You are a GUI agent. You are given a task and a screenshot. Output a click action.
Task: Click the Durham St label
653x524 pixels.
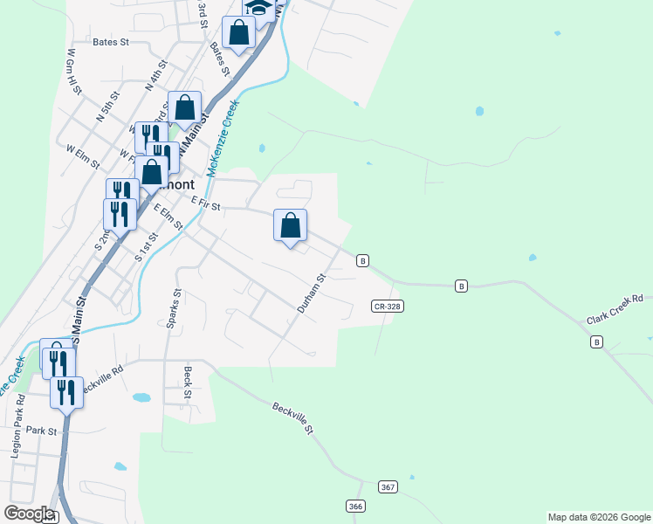click(x=311, y=293)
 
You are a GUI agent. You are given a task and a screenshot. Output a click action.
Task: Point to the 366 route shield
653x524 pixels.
click(x=355, y=507)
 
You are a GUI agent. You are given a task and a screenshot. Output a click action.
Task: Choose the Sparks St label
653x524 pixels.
click(x=173, y=308)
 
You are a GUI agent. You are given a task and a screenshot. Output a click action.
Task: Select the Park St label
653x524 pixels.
click(x=41, y=431)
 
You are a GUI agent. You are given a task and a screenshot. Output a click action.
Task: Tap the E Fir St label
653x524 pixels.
click(x=206, y=203)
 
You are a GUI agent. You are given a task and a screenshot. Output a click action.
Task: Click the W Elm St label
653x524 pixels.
click(x=85, y=149)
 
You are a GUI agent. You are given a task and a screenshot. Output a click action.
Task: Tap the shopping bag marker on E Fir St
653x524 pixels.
click(x=291, y=226)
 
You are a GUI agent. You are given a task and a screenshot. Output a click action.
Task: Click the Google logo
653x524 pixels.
click(x=29, y=514)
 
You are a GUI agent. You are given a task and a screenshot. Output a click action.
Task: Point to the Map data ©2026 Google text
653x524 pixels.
click(x=599, y=517)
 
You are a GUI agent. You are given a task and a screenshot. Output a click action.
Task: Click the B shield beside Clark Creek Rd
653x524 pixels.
click(x=596, y=342)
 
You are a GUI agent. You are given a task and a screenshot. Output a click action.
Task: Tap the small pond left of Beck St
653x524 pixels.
click(x=141, y=398)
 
